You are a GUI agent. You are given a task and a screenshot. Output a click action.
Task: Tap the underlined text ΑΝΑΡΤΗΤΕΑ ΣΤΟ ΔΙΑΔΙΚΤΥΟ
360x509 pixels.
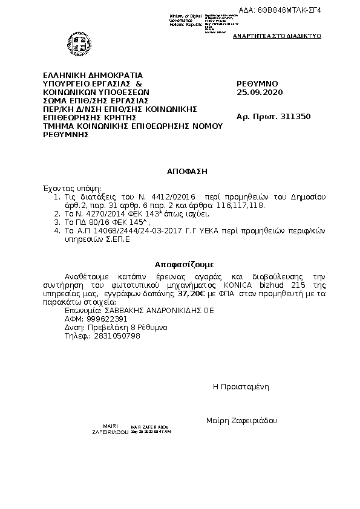tap(277, 36)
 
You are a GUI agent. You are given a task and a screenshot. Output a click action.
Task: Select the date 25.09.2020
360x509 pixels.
tap(260, 92)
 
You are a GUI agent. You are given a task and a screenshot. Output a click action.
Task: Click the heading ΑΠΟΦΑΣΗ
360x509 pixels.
tap(188, 172)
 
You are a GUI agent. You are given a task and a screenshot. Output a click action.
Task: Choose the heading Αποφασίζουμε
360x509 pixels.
tap(184, 264)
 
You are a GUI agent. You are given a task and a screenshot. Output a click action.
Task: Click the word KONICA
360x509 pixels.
tap(240, 285)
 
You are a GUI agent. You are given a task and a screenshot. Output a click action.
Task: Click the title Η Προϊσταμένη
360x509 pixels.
tap(240, 386)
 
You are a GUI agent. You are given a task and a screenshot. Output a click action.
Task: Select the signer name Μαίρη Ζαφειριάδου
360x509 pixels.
tap(241, 420)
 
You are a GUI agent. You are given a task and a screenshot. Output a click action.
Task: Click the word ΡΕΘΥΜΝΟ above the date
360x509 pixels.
tap(258, 83)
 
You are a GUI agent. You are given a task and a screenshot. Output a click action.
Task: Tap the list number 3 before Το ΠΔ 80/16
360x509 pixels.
tap(56, 222)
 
